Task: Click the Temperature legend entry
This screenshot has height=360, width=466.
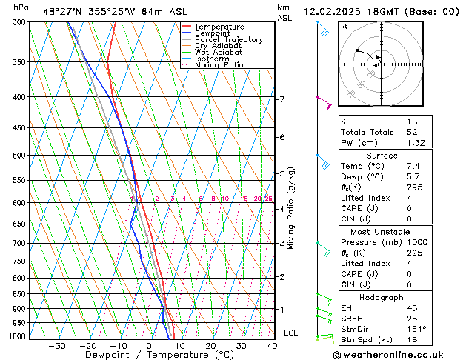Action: (219, 27)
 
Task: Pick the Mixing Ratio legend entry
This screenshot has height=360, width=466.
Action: (219, 65)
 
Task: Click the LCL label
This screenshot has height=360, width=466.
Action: (290, 333)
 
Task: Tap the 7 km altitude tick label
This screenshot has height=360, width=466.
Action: (282, 99)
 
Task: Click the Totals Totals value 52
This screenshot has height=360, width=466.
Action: (412, 132)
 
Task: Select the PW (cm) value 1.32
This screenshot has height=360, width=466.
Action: (415, 143)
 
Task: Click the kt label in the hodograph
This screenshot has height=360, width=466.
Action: (344, 27)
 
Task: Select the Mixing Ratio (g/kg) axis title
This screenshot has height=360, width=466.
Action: (291, 208)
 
